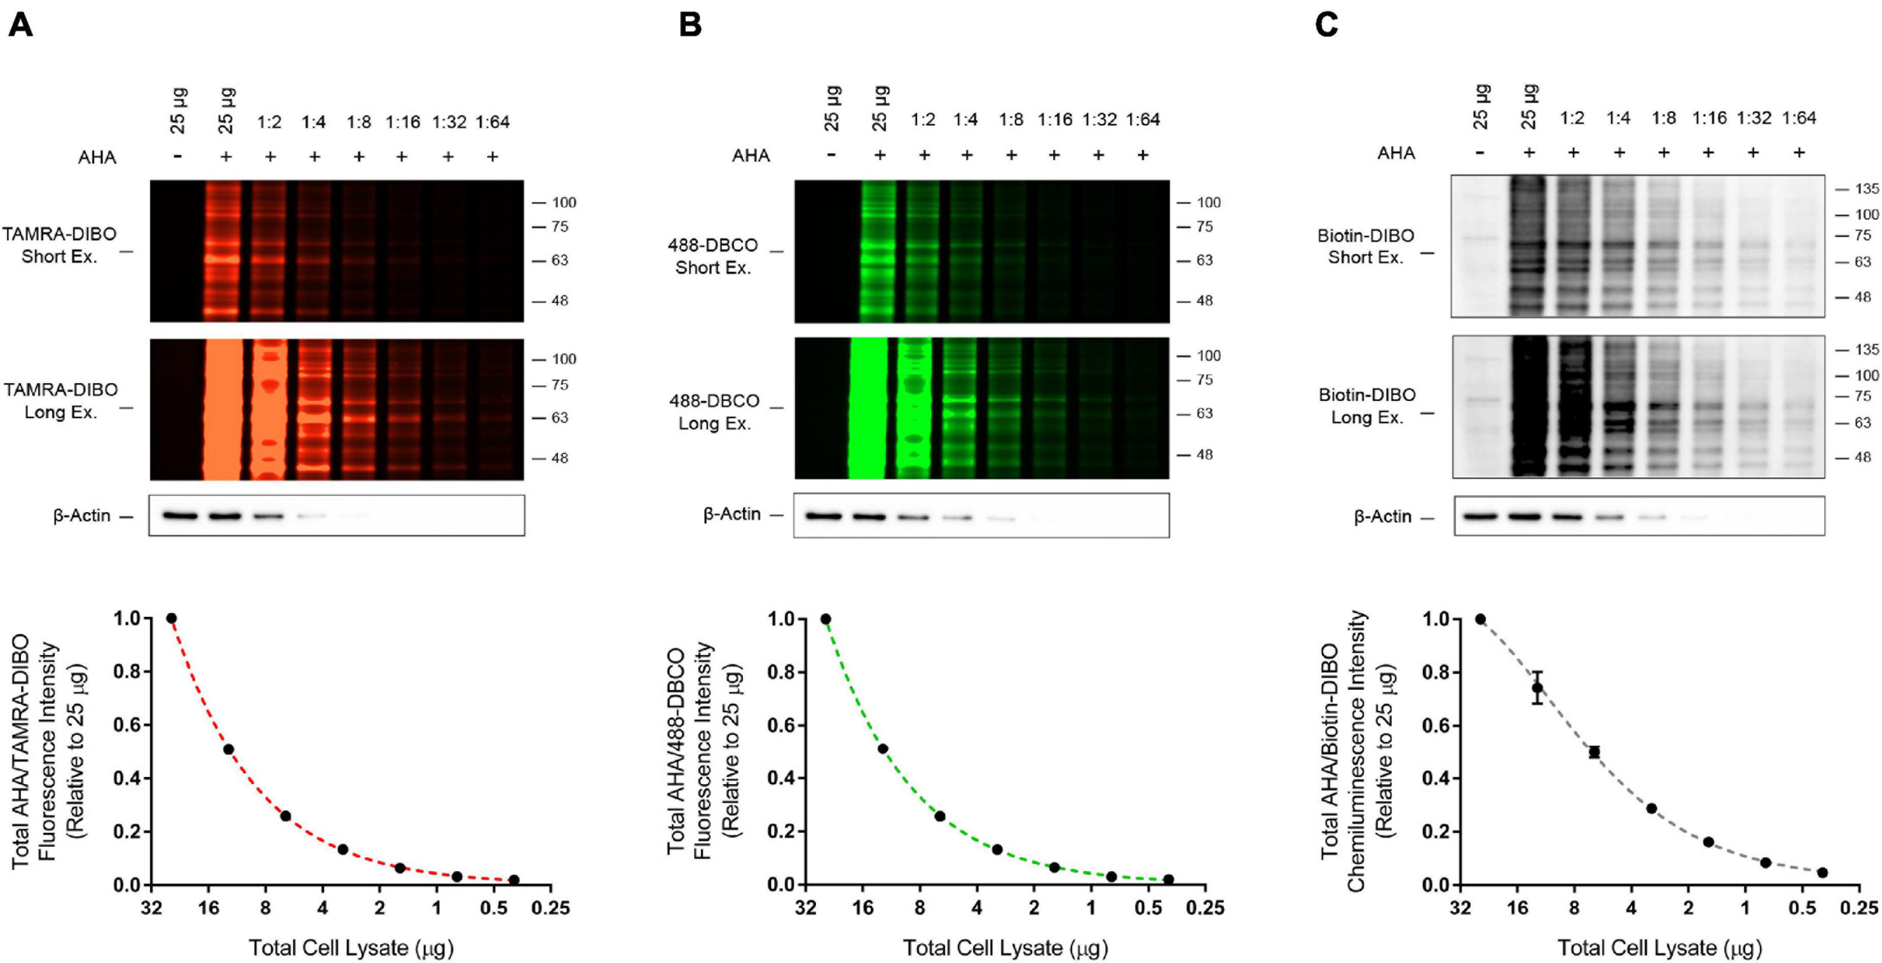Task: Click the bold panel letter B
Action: click(690, 25)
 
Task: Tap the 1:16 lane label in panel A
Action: click(403, 122)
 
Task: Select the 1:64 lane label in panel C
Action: click(1798, 118)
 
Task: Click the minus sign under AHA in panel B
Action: click(831, 155)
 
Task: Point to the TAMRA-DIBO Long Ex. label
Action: click(60, 400)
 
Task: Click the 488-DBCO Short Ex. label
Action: click(712, 257)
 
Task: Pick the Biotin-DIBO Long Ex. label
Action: click(1366, 406)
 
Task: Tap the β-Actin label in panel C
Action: click(1382, 517)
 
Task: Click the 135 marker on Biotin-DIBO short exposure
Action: click(1866, 189)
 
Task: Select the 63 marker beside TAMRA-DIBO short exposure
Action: click(559, 260)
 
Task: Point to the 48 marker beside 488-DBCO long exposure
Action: click(1204, 454)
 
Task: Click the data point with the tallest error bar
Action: click(1536, 687)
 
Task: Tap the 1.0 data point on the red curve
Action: click(171, 618)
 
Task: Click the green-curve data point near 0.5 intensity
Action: click(882, 749)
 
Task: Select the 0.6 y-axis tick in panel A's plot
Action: click(127, 725)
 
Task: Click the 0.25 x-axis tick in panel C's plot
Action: click(1859, 908)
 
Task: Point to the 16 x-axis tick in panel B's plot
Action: click(863, 908)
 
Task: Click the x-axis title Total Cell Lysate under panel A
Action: click(351, 947)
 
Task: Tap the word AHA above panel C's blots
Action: click(1396, 153)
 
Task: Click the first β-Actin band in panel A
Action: click(180, 516)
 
